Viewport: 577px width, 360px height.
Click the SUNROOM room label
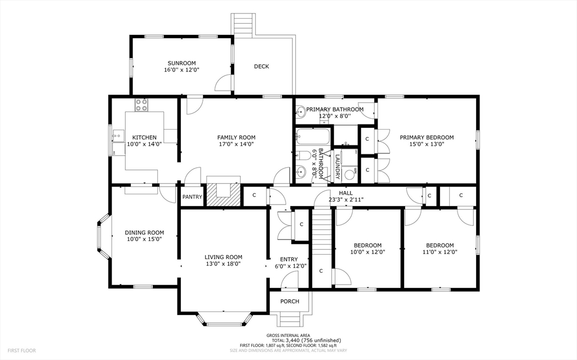coord(181,63)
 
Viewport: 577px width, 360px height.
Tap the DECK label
coord(261,66)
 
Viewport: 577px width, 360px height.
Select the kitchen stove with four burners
coord(141,105)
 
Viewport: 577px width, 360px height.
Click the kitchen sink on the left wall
coord(118,136)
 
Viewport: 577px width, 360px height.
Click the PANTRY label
coord(192,197)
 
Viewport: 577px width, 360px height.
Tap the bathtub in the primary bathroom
coord(313,137)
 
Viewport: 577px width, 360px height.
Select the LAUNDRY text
coord(337,167)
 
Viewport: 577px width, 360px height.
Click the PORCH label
coord(290,301)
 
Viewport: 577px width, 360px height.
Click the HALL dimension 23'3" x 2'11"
coord(345,199)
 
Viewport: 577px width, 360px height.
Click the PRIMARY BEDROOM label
coord(427,137)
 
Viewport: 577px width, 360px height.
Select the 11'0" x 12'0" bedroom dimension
coord(440,252)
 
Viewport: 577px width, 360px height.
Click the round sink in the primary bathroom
coord(300,113)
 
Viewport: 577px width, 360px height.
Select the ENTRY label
coord(289,259)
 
